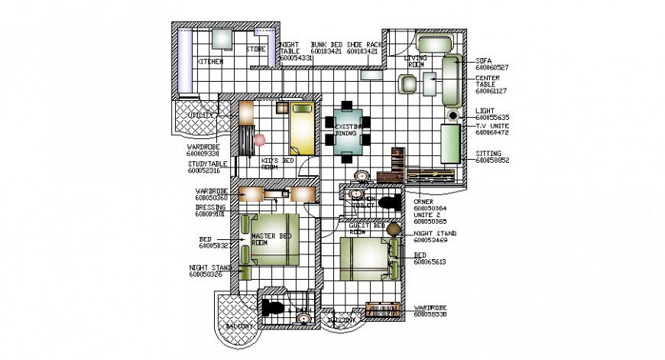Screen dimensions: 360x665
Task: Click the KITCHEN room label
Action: (x=210, y=61)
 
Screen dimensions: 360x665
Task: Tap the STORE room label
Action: (x=255, y=50)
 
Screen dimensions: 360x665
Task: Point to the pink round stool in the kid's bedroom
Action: (x=260, y=140)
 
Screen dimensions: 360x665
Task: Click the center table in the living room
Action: (x=428, y=83)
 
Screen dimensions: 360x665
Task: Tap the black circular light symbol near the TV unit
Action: (x=453, y=115)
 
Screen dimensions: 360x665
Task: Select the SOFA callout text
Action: (x=484, y=59)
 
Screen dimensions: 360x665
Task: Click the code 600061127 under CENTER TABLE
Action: (x=492, y=91)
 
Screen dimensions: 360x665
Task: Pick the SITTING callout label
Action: (x=488, y=153)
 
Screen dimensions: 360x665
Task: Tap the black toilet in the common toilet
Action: (x=389, y=203)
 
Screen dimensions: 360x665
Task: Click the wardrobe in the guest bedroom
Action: (x=384, y=310)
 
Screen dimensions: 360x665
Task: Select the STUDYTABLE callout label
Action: (x=207, y=164)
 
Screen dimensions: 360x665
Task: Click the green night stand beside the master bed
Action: (x=246, y=271)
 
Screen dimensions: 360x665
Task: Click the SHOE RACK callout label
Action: (x=363, y=45)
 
